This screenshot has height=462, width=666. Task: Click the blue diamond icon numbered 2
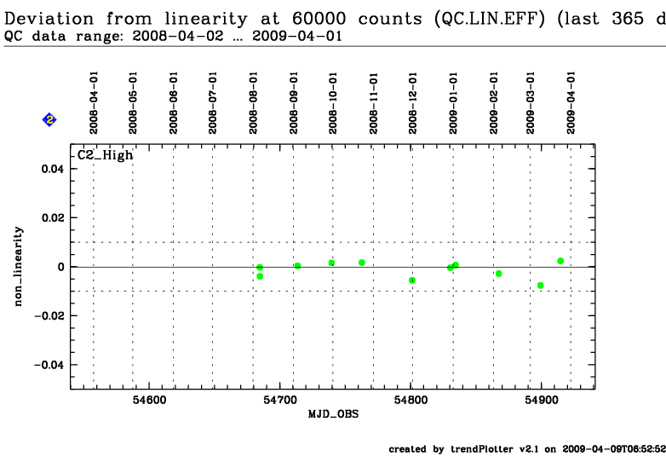pos(49,120)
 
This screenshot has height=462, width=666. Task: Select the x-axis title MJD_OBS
pos(333,414)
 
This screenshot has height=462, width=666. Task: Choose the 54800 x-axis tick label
pos(411,400)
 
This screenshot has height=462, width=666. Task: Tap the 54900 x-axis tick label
pos(542,400)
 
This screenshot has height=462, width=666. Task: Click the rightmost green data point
pos(560,261)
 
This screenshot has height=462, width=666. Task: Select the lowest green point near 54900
pos(540,286)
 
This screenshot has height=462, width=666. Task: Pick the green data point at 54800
pos(412,280)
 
